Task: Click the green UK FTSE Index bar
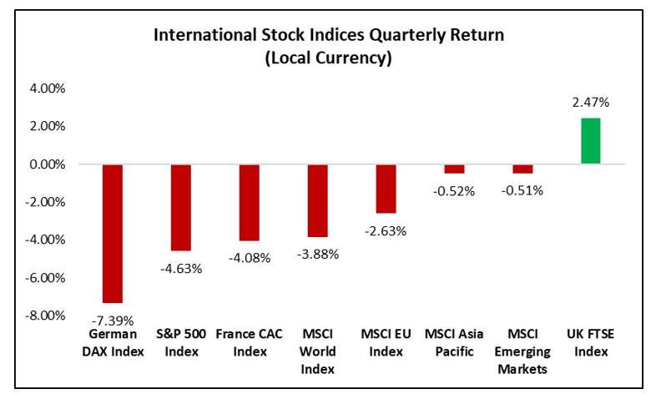click(x=590, y=141)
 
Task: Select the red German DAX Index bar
click(x=113, y=234)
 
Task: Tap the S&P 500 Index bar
click(x=181, y=207)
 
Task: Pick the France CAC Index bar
click(x=249, y=202)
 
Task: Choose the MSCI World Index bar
click(x=317, y=200)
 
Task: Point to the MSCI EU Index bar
click(x=386, y=189)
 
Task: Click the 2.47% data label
click(x=590, y=104)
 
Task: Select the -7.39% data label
click(x=113, y=319)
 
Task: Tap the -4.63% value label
click(x=181, y=267)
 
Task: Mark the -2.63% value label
click(x=386, y=230)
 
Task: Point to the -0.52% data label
click(x=454, y=190)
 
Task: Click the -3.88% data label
click(x=317, y=254)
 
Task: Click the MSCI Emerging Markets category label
click(x=522, y=351)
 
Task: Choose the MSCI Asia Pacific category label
click(x=454, y=343)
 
